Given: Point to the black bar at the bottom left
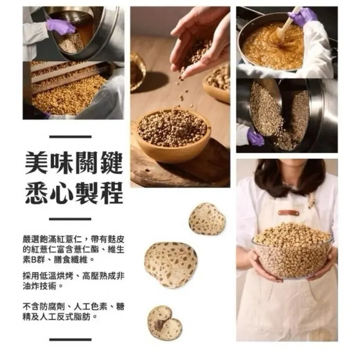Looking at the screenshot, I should pos(70,339).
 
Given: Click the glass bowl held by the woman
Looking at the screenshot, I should pos(292,253).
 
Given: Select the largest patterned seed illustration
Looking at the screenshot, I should pos(171,264).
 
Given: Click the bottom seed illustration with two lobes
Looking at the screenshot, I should pos(164,322).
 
